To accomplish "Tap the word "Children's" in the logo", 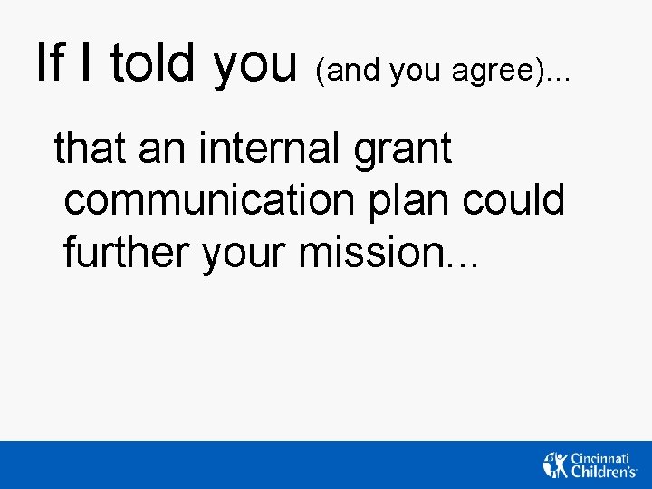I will pos(604,471).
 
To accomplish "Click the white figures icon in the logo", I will pos(556,464).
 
